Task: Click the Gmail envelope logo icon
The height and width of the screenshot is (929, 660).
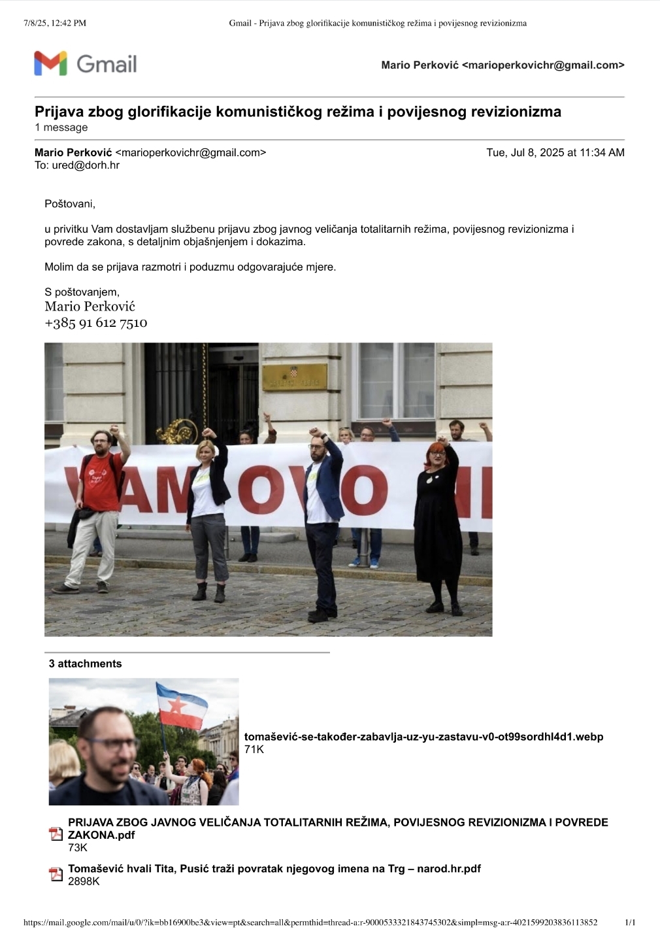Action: (x=50, y=63)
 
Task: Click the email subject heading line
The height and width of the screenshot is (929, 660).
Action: (x=297, y=112)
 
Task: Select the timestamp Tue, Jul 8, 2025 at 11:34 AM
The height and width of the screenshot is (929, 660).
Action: (x=555, y=153)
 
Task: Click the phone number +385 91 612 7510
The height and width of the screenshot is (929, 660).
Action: (x=96, y=323)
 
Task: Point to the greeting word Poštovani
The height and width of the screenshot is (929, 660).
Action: (x=69, y=204)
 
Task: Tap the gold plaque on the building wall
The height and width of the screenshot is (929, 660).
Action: (x=294, y=377)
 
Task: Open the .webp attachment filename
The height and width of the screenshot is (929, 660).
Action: (x=423, y=737)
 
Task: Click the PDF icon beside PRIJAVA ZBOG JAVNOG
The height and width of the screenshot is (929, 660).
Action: (x=56, y=834)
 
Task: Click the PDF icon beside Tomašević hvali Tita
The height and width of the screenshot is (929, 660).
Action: (x=56, y=874)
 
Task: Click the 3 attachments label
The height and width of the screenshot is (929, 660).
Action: (x=85, y=664)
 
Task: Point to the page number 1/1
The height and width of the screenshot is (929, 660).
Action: (x=630, y=922)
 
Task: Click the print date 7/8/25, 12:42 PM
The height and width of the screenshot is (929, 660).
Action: (x=55, y=23)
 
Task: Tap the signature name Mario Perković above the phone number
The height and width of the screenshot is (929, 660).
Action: (x=90, y=307)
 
